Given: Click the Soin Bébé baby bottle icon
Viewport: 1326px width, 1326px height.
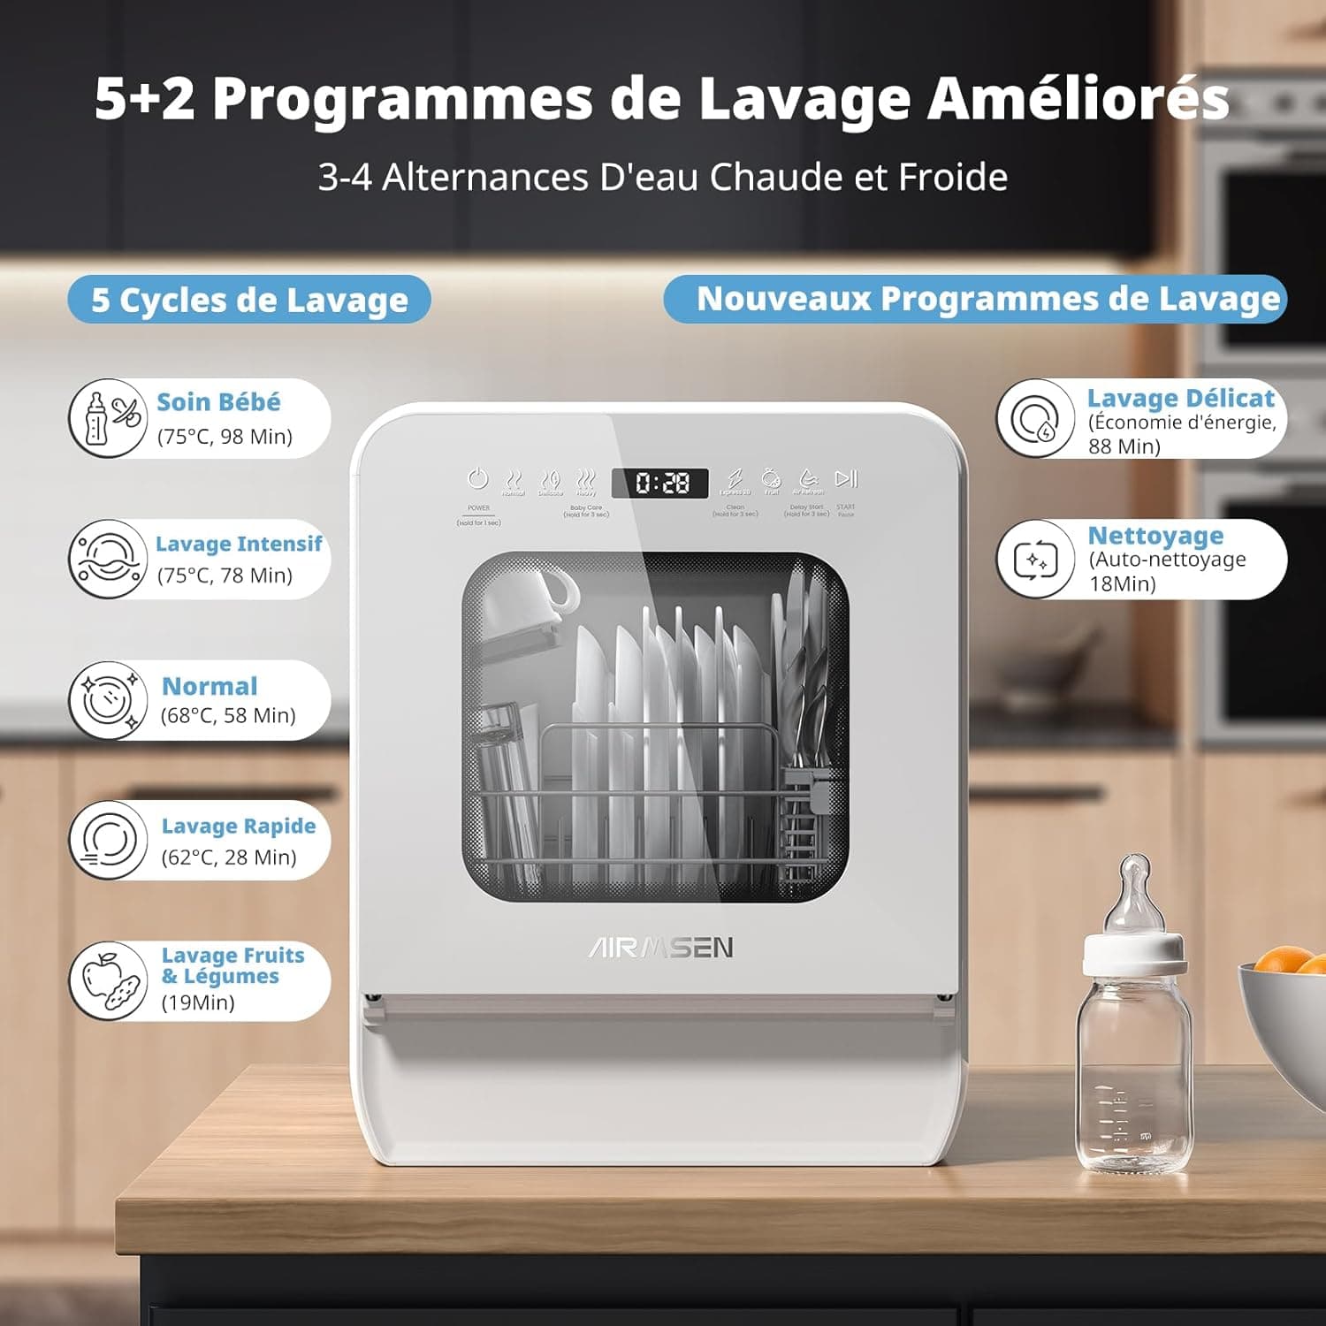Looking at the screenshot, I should point(109,418).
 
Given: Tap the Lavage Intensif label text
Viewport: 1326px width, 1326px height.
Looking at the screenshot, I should point(239,544).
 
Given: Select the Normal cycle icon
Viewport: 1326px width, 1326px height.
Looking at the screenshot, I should point(109,700).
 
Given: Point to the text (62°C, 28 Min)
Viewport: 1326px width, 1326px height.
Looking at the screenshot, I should point(229,857).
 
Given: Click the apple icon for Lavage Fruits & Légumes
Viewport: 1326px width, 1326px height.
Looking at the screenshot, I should point(109,979).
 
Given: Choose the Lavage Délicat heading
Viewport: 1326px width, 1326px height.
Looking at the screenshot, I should point(1180,399).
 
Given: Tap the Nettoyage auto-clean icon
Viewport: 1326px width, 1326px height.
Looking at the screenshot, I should point(1036,560).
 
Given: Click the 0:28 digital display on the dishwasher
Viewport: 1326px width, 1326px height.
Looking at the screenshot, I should point(661,483).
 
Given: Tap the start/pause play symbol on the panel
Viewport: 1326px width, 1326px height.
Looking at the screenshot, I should point(846,478).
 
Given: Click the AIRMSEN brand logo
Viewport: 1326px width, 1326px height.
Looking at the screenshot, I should point(661,948).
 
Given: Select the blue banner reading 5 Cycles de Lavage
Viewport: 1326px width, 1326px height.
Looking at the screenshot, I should point(249,300).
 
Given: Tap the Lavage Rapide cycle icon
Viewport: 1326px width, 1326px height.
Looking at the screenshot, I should point(109,840).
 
